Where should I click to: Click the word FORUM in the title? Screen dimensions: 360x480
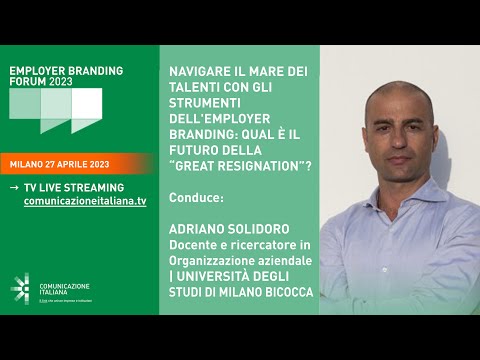[30, 84]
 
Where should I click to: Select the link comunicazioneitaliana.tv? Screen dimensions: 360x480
[84, 201]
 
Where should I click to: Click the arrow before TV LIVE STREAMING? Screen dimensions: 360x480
[13, 187]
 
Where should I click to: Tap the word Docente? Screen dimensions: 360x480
[195, 245]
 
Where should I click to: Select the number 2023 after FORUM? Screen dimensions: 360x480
[74, 84]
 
